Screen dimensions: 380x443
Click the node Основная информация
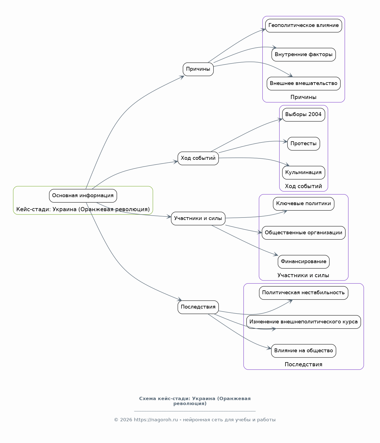[x=83, y=196]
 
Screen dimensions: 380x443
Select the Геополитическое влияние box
[x=304, y=26]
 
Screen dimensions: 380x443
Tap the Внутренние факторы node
[x=304, y=54]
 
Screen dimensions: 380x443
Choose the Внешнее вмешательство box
[x=304, y=84]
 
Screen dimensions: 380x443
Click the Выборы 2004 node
[x=304, y=115]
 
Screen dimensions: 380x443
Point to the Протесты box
[x=304, y=144]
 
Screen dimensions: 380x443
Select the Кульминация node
[x=304, y=173]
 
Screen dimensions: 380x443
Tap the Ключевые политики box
[x=304, y=204]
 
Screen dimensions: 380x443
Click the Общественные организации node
[x=304, y=233]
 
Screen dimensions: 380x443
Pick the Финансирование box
[x=304, y=262]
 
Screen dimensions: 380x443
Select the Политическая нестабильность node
[x=304, y=293]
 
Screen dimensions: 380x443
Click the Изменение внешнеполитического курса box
[x=304, y=322]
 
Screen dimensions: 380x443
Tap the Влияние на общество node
[x=304, y=351]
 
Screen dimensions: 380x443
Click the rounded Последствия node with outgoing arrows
[x=198, y=307]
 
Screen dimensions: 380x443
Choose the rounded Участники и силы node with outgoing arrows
[x=198, y=219]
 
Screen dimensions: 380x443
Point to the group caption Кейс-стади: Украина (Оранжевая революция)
[x=83, y=210]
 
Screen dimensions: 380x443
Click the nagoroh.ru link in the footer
[x=156, y=420]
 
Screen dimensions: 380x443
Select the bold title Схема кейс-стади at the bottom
[x=195, y=401]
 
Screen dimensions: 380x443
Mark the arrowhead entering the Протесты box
[x=285, y=142]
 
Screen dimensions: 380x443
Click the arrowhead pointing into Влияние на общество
[x=269, y=348]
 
